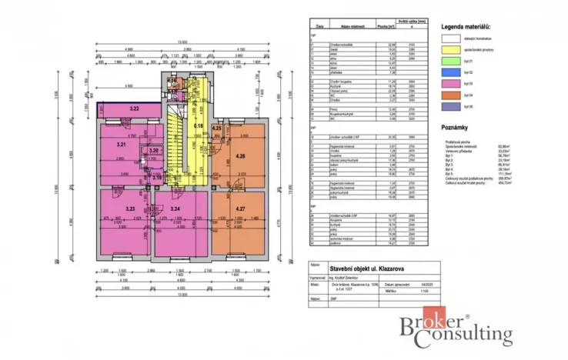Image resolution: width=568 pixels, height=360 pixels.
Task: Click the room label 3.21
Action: point(121,144)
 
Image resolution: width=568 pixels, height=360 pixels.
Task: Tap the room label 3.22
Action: point(134,110)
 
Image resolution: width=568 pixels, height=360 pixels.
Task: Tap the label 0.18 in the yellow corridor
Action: point(198,125)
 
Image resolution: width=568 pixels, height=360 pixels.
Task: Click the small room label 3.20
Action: point(153,151)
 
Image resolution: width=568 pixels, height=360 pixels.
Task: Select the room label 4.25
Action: point(217,128)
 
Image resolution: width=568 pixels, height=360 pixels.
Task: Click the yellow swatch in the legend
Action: point(452,50)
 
